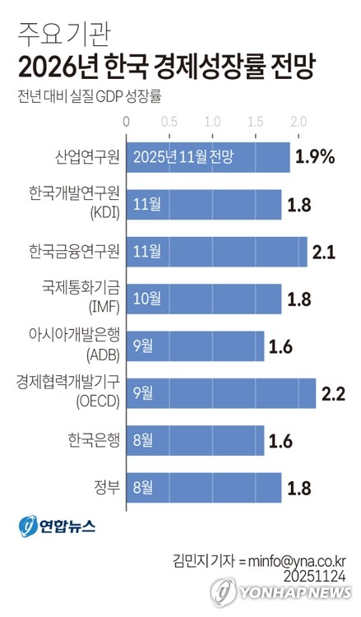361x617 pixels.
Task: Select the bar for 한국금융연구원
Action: [x=216, y=252]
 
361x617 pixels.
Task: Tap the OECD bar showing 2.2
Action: [x=220, y=393]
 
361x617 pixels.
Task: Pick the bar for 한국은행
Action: [x=195, y=440]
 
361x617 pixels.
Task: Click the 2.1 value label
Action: [x=324, y=252]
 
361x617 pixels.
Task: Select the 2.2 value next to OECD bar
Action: [x=333, y=393]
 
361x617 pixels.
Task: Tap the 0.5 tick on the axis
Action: [x=169, y=122]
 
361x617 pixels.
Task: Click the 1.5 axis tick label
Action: [x=255, y=122]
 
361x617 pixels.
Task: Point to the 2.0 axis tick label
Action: [x=298, y=122]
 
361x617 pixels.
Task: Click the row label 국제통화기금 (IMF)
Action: [x=81, y=299]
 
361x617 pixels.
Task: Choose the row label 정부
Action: [x=106, y=487]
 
